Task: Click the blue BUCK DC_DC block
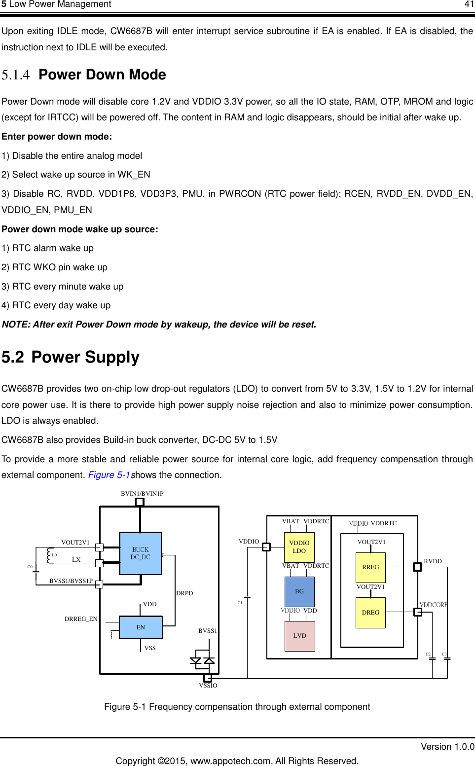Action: point(140,553)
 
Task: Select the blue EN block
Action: point(141,627)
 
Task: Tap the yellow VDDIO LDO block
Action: point(299,547)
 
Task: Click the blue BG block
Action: point(299,591)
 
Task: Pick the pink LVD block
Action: point(299,636)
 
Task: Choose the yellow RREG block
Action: point(370,567)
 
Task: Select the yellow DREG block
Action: point(370,613)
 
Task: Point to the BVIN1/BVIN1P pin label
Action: point(142,494)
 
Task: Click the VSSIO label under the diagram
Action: point(208,686)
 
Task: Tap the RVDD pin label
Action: point(433,561)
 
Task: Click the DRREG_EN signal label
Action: point(81,619)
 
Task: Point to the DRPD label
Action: point(184,593)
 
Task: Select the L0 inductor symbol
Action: point(49,555)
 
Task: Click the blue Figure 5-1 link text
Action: point(109,475)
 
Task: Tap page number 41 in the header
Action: point(469,4)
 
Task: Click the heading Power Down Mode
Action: point(102,75)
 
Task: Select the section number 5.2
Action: point(13,357)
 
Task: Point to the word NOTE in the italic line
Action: point(15,325)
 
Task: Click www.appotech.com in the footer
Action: point(230,761)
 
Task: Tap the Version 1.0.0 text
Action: point(447,747)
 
